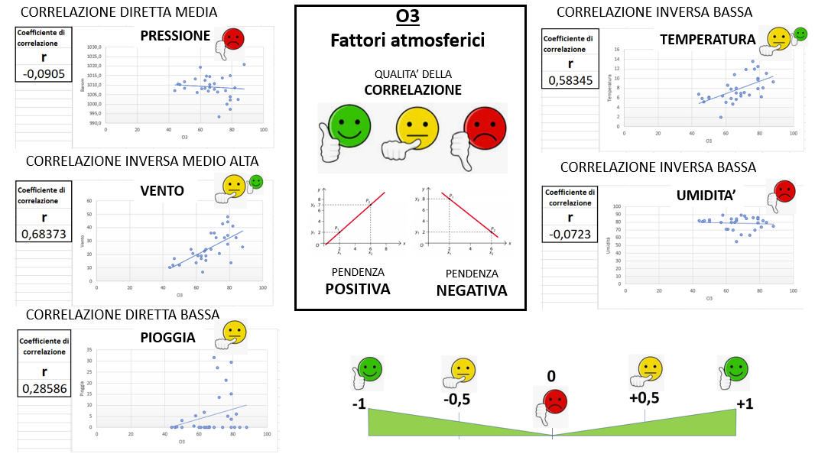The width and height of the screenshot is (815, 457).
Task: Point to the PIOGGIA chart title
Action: pos(167,337)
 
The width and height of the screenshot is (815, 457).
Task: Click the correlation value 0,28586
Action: pos(43,389)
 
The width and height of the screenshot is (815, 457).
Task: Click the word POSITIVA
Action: pos(358,289)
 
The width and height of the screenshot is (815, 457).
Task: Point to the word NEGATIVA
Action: pos(472,290)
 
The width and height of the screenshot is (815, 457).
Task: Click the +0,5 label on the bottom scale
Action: pos(644,398)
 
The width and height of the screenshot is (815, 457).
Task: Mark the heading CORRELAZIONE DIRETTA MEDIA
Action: pos(119,12)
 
